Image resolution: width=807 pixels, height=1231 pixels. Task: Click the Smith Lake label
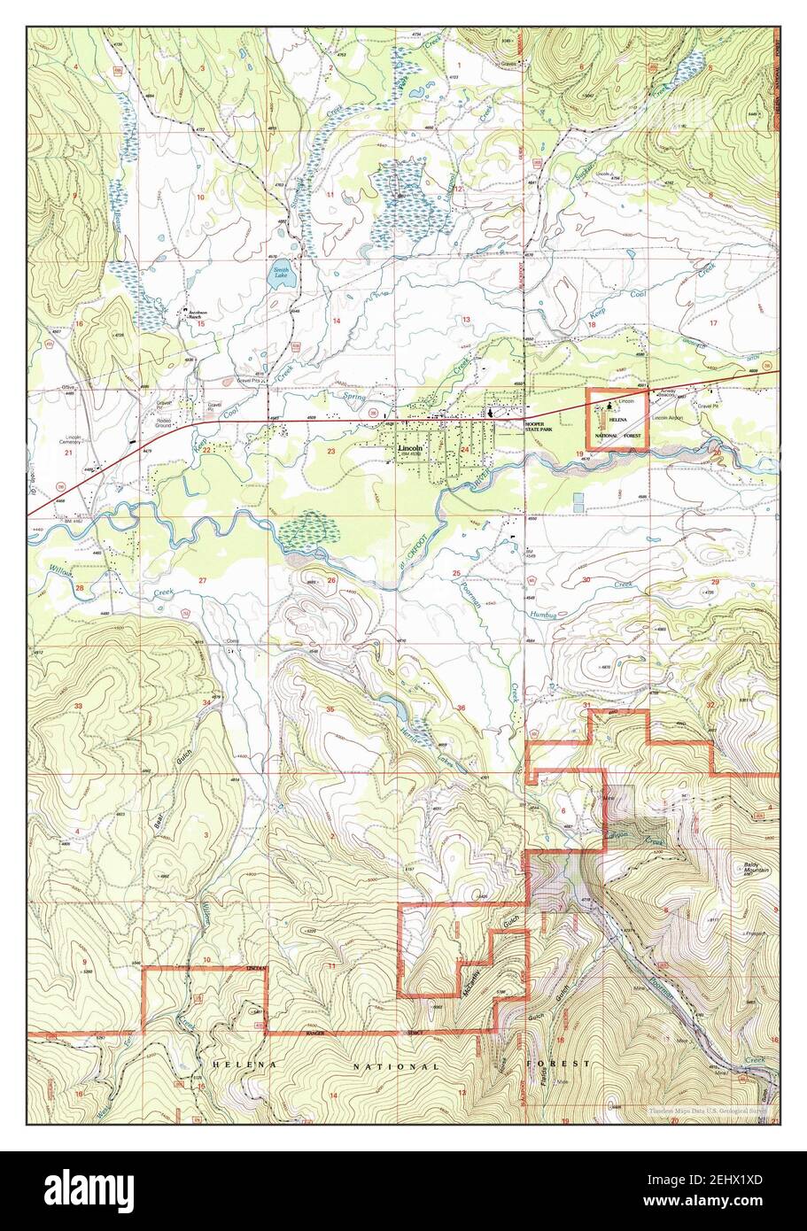coord(281,272)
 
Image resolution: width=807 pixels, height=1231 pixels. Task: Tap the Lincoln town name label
coord(410,449)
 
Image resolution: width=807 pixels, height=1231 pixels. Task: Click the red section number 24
coord(464,450)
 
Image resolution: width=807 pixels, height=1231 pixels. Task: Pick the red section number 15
coord(201,324)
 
